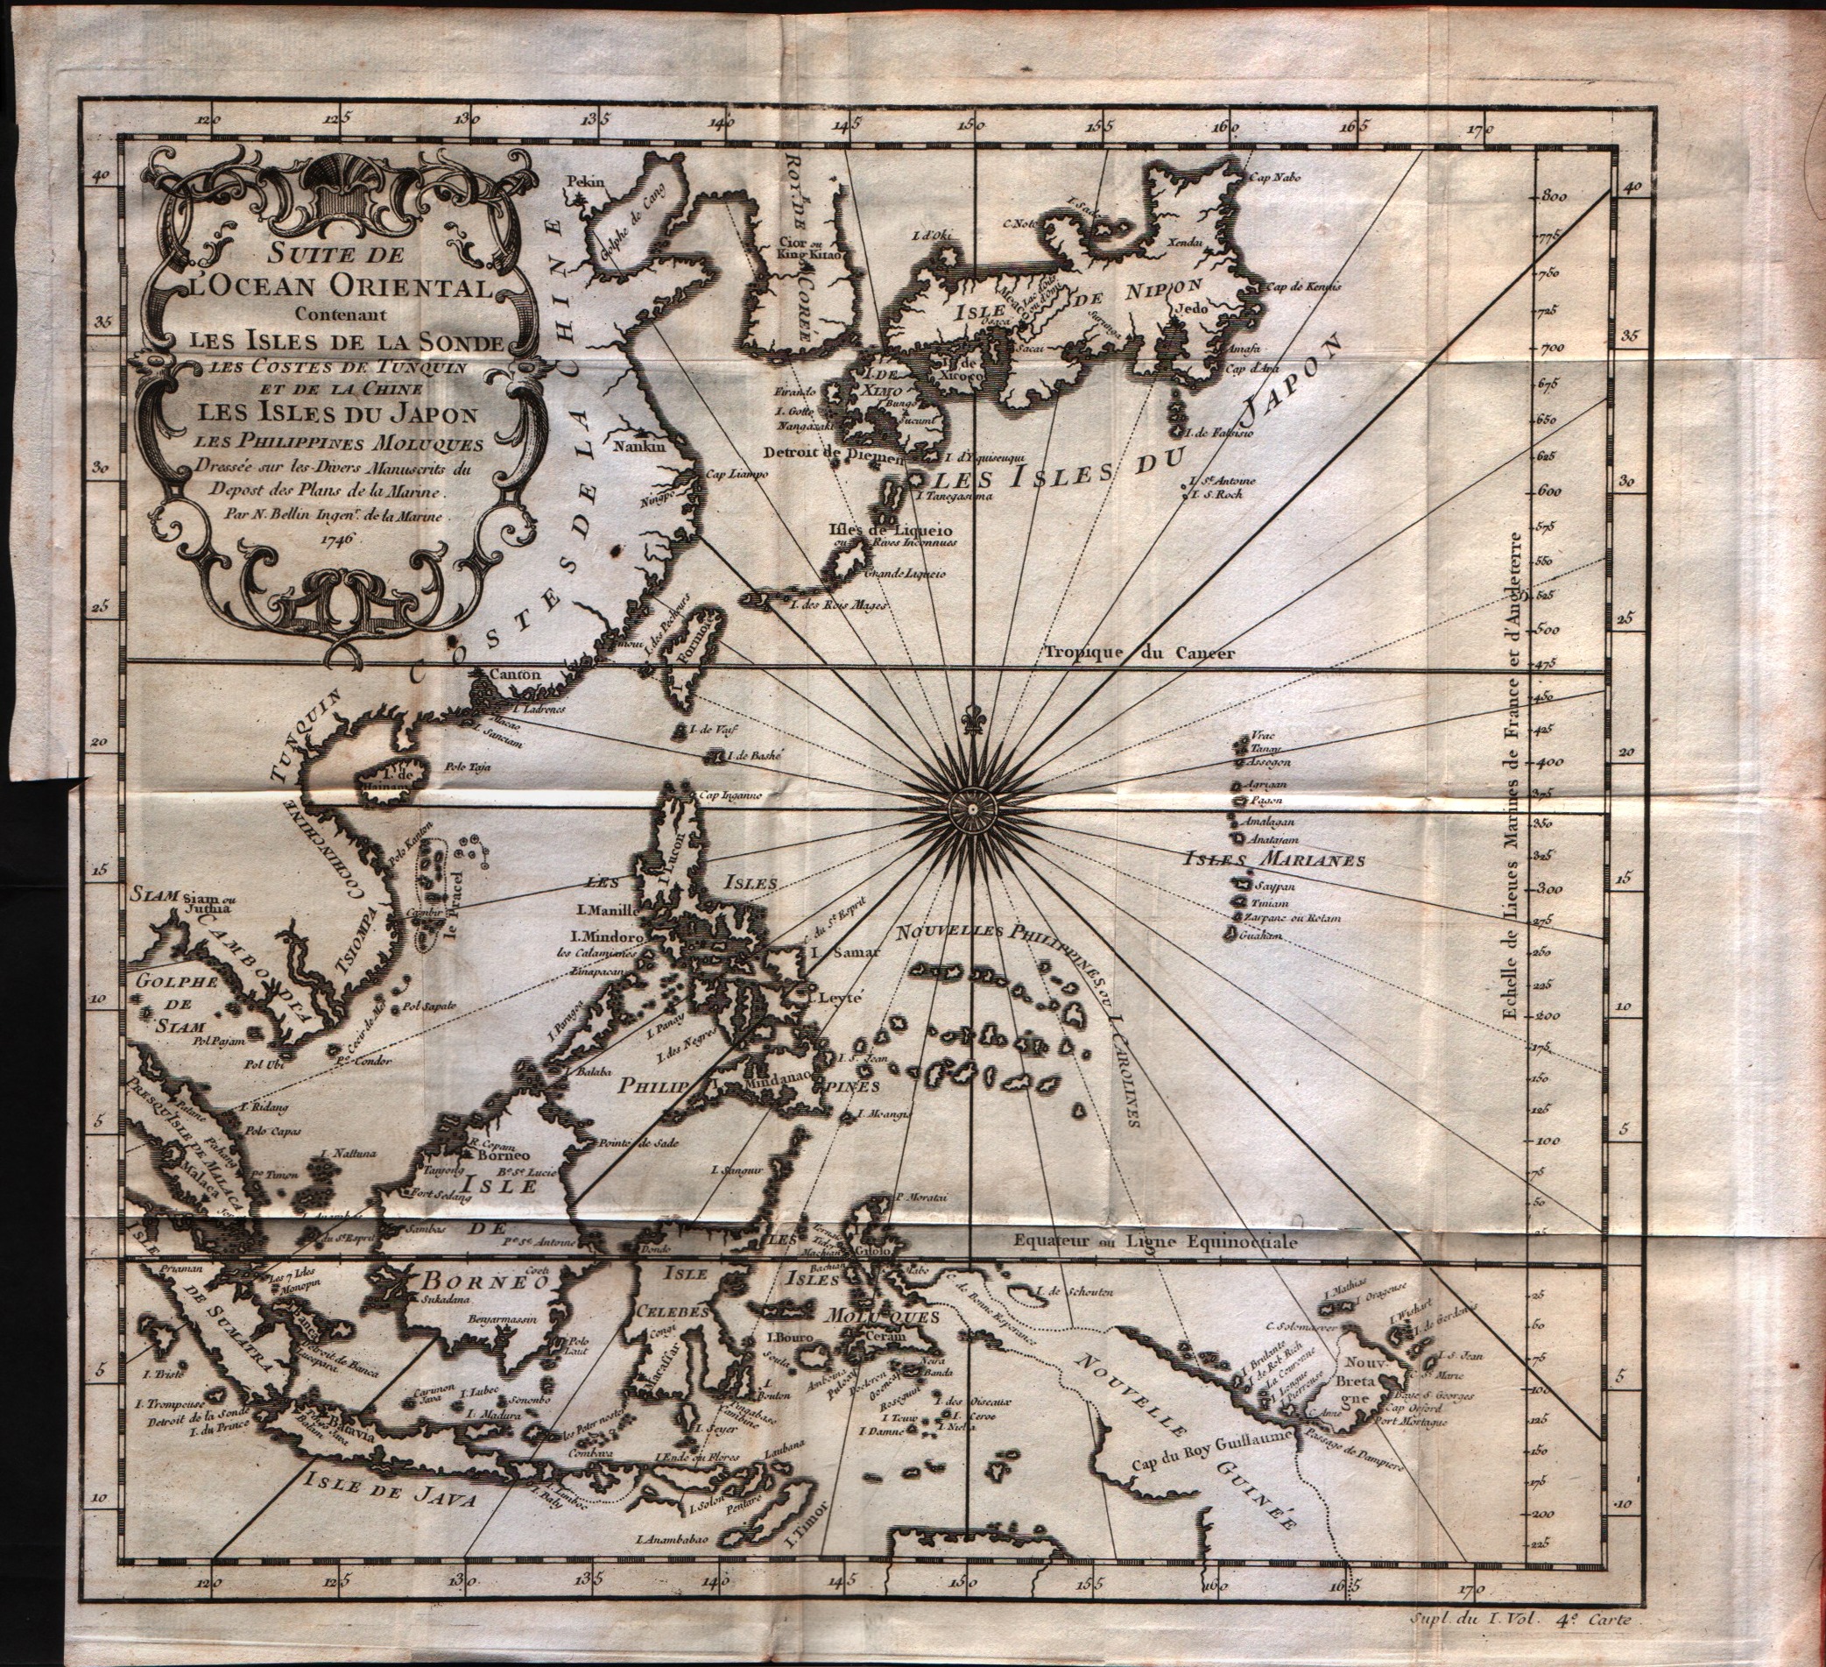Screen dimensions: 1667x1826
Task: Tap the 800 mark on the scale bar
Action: pyautogui.click(x=1555, y=194)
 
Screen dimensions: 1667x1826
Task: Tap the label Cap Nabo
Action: pyautogui.click(x=1274, y=178)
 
